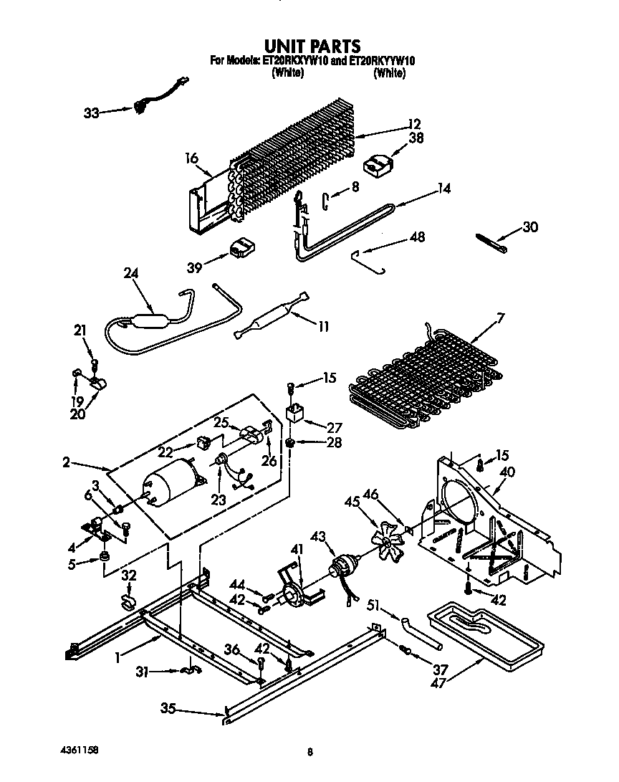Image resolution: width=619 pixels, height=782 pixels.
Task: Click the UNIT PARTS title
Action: (x=309, y=47)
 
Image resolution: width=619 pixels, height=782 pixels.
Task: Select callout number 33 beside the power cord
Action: (x=91, y=113)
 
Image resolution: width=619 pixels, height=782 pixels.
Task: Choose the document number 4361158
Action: (x=80, y=750)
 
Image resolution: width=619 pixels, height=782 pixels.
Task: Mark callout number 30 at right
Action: (x=529, y=227)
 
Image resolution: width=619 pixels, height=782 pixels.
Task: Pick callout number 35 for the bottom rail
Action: (x=168, y=710)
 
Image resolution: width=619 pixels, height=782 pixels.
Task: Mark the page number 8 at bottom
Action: (x=309, y=752)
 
